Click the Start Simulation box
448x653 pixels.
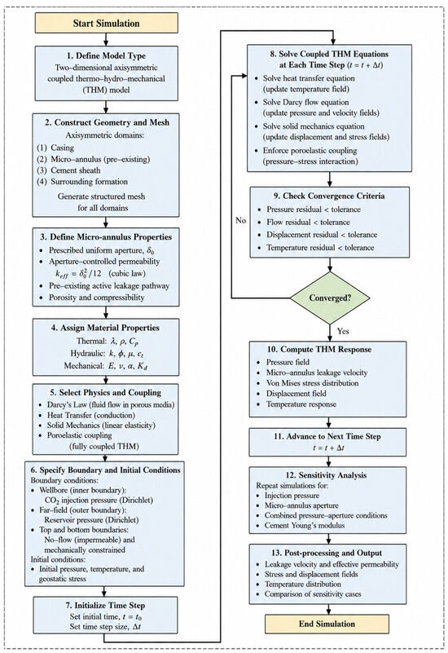[x=107, y=23]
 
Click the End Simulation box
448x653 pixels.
[x=327, y=624]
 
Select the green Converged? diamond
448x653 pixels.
[x=329, y=298]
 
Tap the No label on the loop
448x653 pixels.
[x=241, y=220]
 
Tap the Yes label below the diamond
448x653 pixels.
[x=343, y=331]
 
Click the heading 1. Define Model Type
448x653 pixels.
[x=107, y=55]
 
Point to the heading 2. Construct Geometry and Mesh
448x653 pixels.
[x=108, y=122]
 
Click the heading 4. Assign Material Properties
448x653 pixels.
[x=105, y=328]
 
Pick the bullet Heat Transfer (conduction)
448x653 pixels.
[x=91, y=415]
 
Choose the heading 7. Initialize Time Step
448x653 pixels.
[x=106, y=606]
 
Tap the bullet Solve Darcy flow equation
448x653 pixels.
[x=305, y=102]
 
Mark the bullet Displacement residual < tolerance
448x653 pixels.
[x=322, y=235]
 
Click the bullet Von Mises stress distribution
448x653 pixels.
[x=313, y=383]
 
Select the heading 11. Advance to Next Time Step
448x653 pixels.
[x=327, y=436]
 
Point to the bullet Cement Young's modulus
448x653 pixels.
[x=305, y=526]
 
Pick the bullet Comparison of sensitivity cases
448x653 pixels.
[x=313, y=594]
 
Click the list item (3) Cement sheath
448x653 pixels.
[x=68, y=170]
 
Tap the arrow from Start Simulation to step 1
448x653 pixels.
[x=107, y=40]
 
